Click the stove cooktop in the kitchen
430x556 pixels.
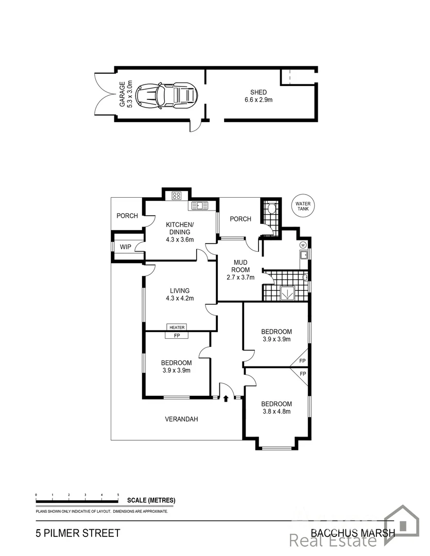pyautogui.click(x=176, y=196)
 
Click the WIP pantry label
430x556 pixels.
pyautogui.click(x=126, y=247)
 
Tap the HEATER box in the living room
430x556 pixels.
pyautogui.click(x=177, y=327)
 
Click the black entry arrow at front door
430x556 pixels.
pyautogui.click(x=226, y=397)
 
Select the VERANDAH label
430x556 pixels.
pyautogui.click(x=181, y=419)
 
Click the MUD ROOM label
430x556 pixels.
pyautogui.click(x=239, y=266)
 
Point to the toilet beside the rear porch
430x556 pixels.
pyautogui.click(x=272, y=208)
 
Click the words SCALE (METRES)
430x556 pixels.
pyautogui.click(x=151, y=500)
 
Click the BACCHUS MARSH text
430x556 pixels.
pyautogui.click(x=353, y=533)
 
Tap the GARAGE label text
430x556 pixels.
pyautogui.click(x=123, y=94)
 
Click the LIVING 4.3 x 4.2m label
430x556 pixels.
pyautogui.click(x=177, y=294)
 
